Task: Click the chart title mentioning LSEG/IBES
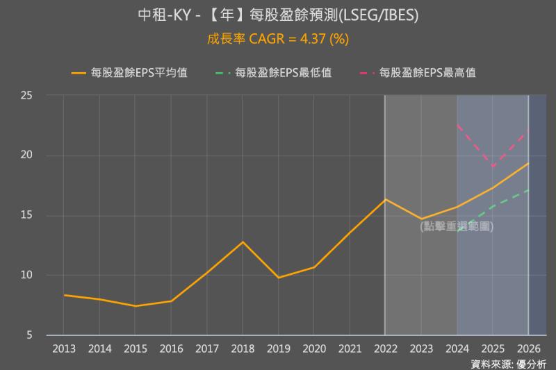(x=278, y=15)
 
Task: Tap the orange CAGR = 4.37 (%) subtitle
(x=278, y=39)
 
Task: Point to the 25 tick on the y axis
(x=27, y=95)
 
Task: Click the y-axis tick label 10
(x=27, y=276)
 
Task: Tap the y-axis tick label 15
(x=27, y=215)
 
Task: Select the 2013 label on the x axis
(x=63, y=348)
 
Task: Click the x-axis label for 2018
(x=243, y=348)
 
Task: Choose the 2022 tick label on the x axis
(x=385, y=348)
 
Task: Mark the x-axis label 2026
(x=529, y=348)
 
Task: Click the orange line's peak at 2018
(x=243, y=242)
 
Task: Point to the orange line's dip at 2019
(x=278, y=278)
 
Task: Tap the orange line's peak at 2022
(x=385, y=199)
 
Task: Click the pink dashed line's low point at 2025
(x=493, y=167)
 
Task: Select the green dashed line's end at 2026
(x=529, y=190)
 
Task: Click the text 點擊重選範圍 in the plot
(x=457, y=226)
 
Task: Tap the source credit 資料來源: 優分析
(x=508, y=363)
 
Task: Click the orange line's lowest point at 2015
(x=135, y=306)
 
